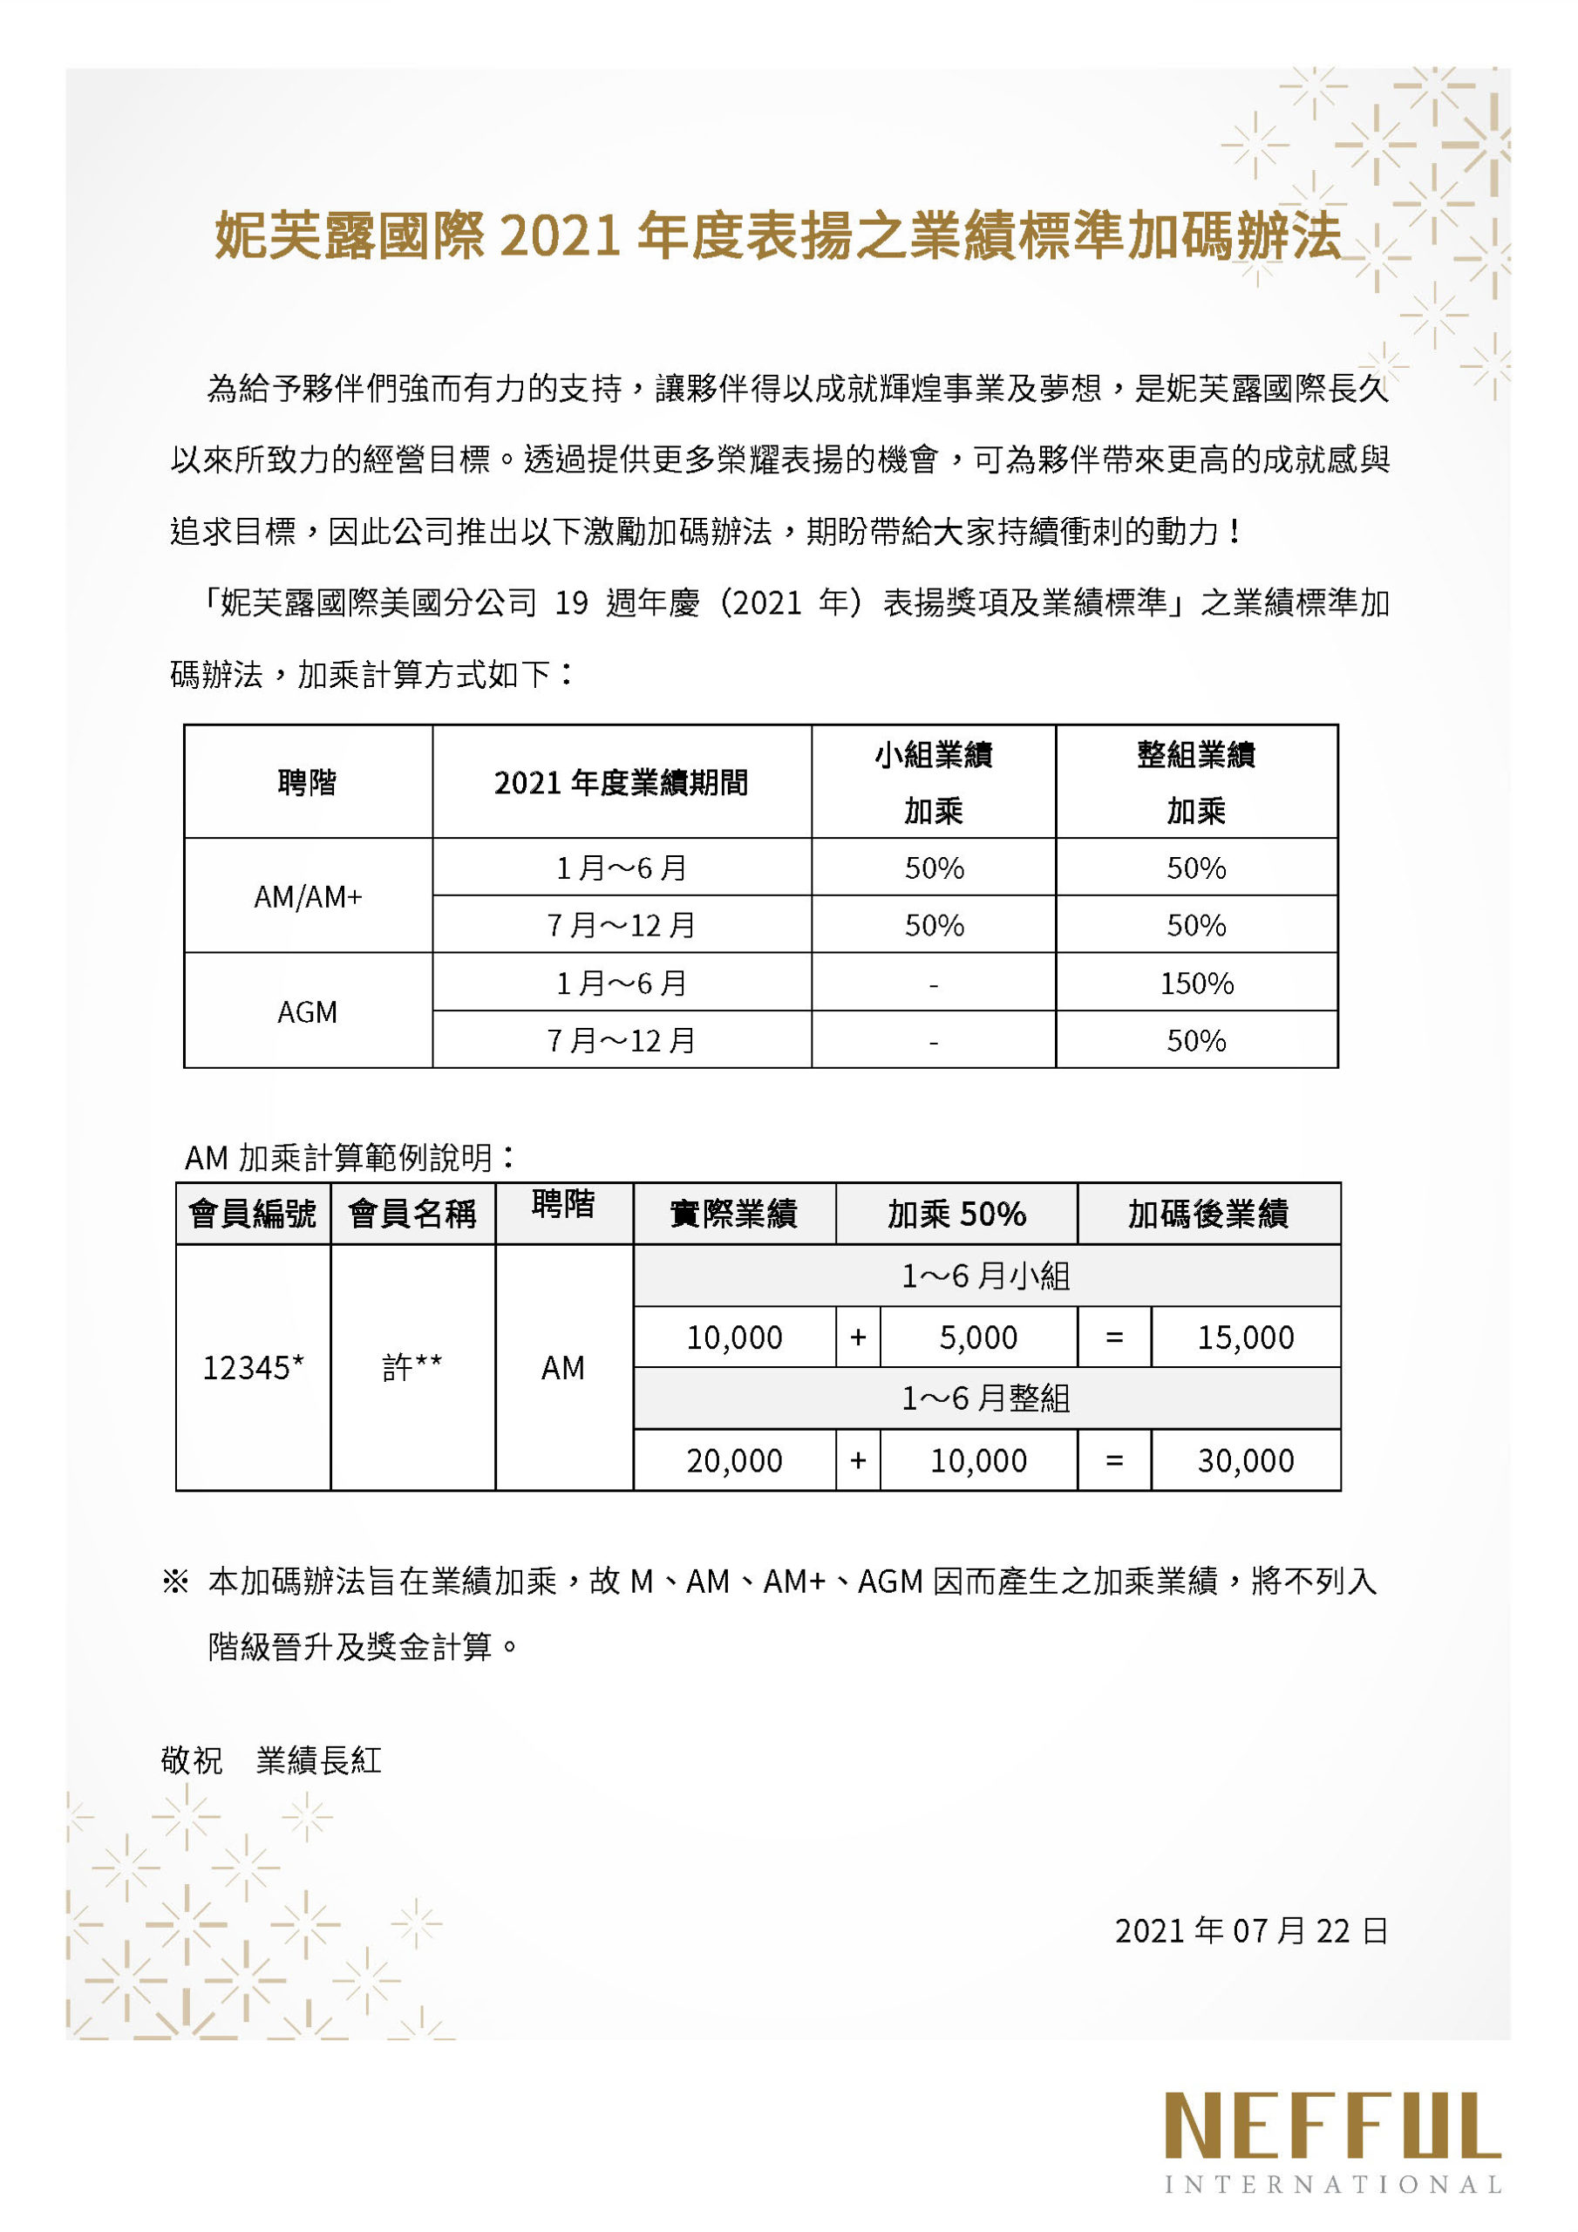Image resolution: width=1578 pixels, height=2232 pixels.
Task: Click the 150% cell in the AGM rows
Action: coord(1196,983)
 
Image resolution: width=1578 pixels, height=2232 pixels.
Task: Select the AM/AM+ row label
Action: coord(307,896)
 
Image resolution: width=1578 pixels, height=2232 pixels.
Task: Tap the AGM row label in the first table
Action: coord(307,1012)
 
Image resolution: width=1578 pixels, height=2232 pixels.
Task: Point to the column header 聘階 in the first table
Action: coord(307,781)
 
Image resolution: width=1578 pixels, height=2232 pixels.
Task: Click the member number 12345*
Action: coord(253,1368)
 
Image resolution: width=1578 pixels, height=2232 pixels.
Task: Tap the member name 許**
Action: coord(412,1368)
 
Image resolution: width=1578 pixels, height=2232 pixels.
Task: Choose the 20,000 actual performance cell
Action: coord(734,1460)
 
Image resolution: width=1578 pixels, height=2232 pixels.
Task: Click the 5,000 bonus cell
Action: coord(978,1337)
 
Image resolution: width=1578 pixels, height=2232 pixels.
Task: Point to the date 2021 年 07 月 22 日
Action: coord(1250,1929)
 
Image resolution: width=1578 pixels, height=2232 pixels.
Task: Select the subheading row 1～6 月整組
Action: coord(986,1398)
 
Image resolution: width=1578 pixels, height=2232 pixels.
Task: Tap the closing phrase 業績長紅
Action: coord(319,1760)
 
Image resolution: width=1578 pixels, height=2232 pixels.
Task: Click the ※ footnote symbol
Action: coord(175,1582)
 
